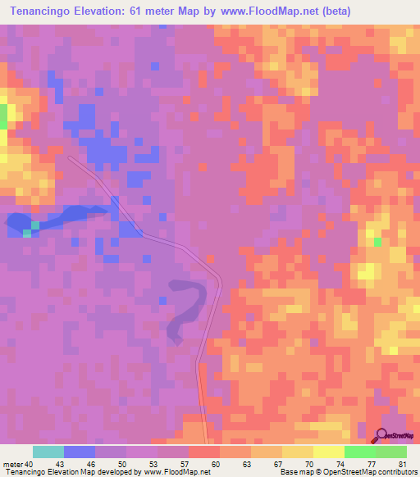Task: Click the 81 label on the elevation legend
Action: coord(402,463)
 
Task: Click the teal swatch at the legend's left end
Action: coord(48,452)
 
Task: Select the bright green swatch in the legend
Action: coord(360,452)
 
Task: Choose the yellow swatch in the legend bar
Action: coord(328,452)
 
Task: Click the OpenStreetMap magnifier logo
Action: coord(381,434)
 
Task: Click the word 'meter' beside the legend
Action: coord(12,463)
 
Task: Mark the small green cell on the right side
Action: coord(377,242)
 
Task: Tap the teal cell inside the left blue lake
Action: coord(27,234)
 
